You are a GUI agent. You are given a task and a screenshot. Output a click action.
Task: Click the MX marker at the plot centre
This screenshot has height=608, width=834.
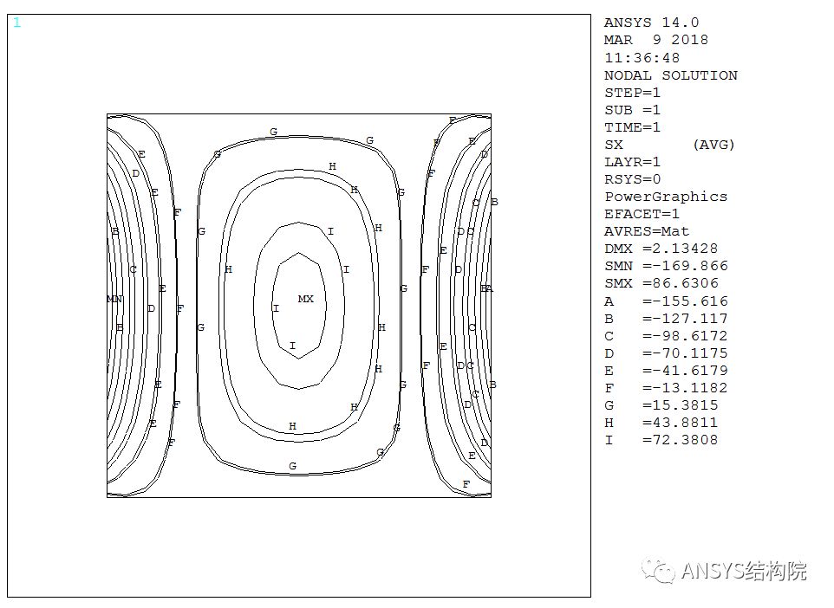(305, 299)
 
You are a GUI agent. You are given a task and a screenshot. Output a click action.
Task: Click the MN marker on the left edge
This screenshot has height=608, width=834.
(115, 299)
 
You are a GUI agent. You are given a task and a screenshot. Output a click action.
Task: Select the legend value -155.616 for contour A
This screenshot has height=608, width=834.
(685, 301)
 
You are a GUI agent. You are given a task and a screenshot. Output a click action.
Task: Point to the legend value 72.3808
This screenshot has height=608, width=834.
(681, 440)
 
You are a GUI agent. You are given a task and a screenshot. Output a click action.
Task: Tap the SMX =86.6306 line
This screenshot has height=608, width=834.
(661, 283)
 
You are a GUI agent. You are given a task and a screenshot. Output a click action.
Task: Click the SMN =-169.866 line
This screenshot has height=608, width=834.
(666, 266)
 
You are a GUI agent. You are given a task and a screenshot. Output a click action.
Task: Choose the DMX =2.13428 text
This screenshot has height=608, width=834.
(661, 249)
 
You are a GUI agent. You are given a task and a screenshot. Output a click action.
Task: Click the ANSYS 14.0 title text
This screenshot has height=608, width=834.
(652, 23)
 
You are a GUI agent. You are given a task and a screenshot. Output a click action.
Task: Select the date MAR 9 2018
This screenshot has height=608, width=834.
(656, 40)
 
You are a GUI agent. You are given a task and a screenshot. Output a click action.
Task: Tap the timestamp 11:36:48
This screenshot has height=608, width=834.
(642, 58)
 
